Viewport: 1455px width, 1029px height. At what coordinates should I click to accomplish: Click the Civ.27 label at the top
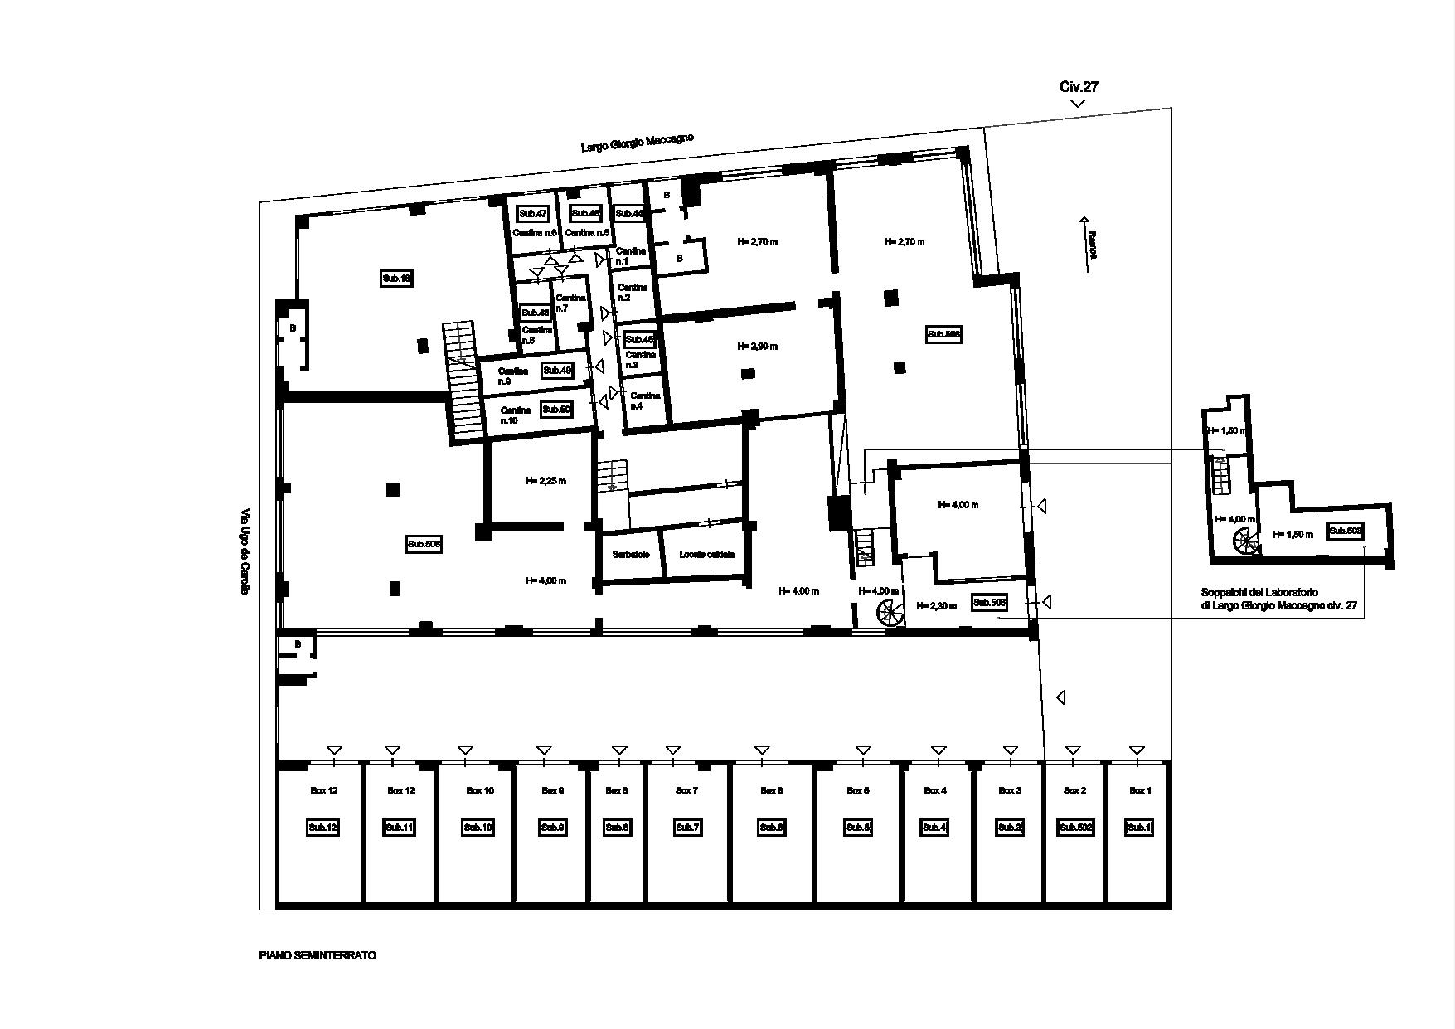pyautogui.click(x=1079, y=87)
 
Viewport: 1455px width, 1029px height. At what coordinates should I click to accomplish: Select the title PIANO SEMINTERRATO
pyautogui.click(x=318, y=955)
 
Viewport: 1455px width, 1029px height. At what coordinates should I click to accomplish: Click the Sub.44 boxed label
pyautogui.click(x=629, y=213)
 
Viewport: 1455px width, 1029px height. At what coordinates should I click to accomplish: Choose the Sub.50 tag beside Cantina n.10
pyautogui.click(x=556, y=409)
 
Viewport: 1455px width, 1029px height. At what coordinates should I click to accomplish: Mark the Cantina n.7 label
pyautogui.click(x=570, y=303)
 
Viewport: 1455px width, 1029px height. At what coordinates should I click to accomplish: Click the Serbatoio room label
pyautogui.click(x=631, y=555)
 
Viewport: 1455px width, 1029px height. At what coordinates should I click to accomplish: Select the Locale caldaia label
pyautogui.click(x=706, y=555)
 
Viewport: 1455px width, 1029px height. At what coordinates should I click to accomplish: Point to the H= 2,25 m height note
pyautogui.click(x=546, y=480)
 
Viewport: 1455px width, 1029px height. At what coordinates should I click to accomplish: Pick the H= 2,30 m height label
pyautogui.click(x=936, y=606)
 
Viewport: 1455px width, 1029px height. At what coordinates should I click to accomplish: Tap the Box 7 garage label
pyautogui.click(x=686, y=791)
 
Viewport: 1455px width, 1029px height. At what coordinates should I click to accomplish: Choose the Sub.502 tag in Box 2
pyautogui.click(x=1075, y=828)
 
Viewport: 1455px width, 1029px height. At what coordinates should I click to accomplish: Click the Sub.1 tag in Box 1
pyautogui.click(x=1139, y=828)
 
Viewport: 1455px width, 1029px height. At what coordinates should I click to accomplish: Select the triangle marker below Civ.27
pyautogui.click(x=1078, y=104)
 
